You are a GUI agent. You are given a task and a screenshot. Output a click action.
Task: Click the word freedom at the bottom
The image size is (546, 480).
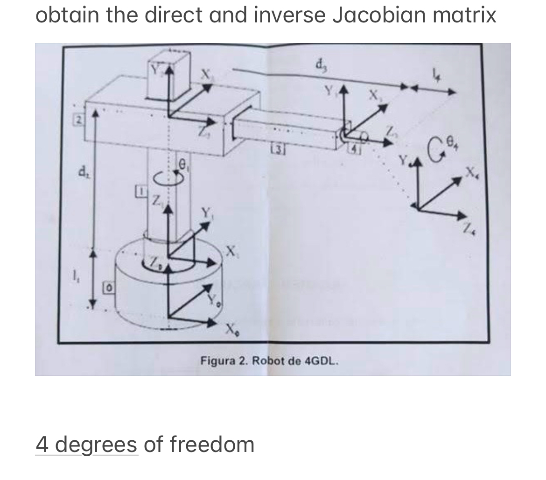pyautogui.click(x=212, y=444)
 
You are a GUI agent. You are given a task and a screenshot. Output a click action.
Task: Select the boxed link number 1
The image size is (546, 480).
pyautogui.click(x=139, y=191)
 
